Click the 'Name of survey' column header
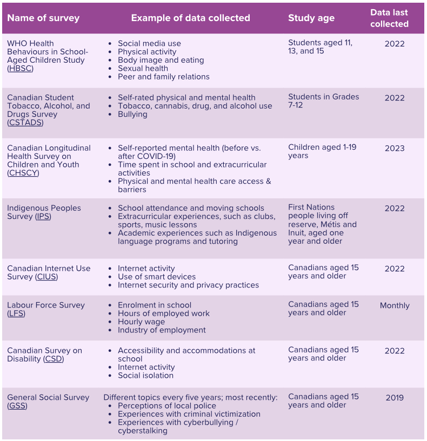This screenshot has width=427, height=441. click(x=43, y=18)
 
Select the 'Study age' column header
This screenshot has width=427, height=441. click(x=311, y=18)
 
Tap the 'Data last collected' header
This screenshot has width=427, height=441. click(x=389, y=18)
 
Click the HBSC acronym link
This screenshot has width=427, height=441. click(x=21, y=69)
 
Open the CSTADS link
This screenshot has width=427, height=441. click(x=25, y=123)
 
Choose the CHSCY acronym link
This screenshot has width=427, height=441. click(x=23, y=173)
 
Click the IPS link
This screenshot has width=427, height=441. click(x=43, y=217)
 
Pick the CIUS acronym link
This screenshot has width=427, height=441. click(x=46, y=277)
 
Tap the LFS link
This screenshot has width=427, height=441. click(x=16, y=313)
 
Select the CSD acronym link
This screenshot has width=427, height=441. click(x=54, y=359)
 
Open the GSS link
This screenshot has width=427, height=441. click(x=17, y=406)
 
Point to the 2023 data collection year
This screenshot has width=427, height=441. click(x=395, y=148)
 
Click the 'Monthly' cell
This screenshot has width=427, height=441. click(x=395, y=305)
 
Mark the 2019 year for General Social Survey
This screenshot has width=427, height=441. click(x=395, y=398)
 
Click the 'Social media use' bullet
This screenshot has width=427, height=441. click(x=149, y=43)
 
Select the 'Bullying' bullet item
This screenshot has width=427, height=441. click(x=132, y=114)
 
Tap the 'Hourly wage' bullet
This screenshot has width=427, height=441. click(x=141, y=322)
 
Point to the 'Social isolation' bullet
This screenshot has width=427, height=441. click(x=145, y=376)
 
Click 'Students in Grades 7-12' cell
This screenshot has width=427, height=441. click(x=323, y=101)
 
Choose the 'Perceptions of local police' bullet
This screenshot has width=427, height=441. click(x=166, y=406)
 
